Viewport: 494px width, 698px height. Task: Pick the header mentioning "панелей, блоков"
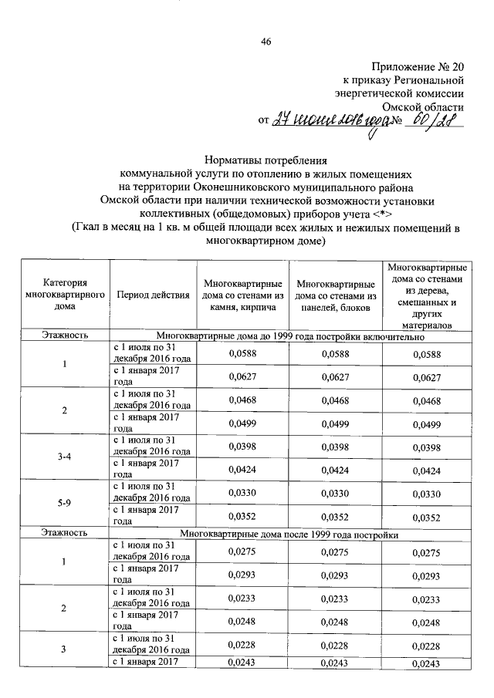click(x=335, y=295)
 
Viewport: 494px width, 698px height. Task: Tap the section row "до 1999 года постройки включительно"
click(x=290, y=336)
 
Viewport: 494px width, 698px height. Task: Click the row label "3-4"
click(x=65, y=457)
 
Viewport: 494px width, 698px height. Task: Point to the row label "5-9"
click(x=65, y=504)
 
